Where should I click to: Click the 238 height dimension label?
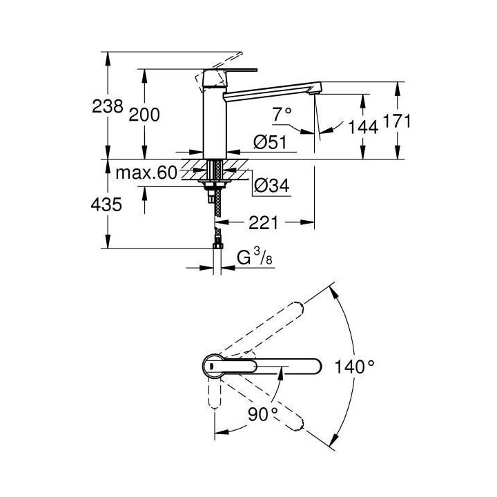pos(109,106)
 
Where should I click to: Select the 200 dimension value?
pos(144,115)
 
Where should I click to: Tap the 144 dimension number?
pos(363,126)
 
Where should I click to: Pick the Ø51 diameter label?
pos(269,142)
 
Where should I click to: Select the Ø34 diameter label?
pos(271,185)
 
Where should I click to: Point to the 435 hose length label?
pos(108,204)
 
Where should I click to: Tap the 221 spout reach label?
pos(263,222)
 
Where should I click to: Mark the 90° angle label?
pos(263,413)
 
